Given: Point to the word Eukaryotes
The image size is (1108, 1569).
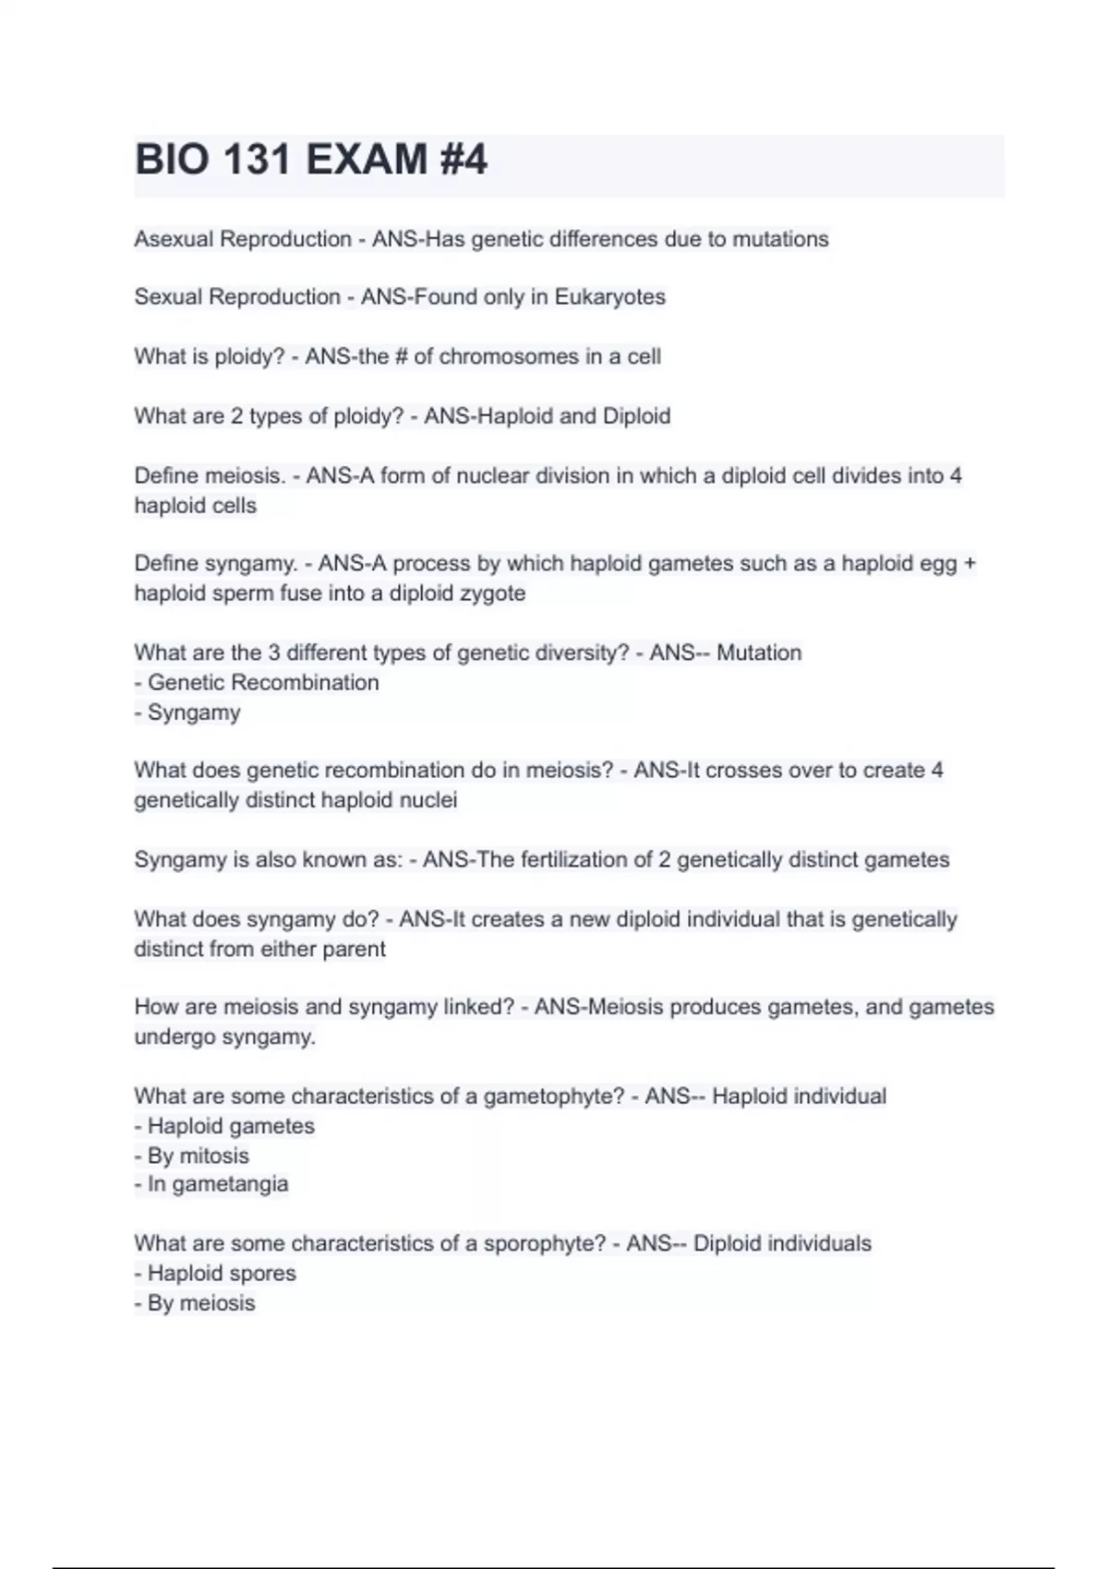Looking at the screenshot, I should tap(609, 297).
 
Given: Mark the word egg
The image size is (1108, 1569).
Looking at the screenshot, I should tap(937, 564).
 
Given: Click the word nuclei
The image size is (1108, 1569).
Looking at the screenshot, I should tap(428, 800).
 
